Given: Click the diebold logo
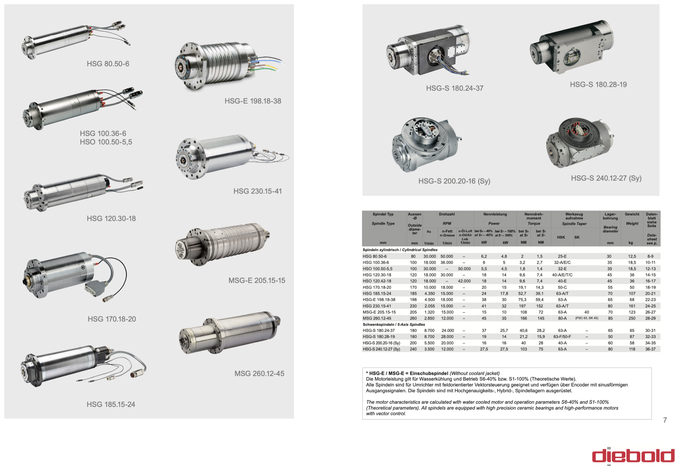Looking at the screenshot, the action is [633, 456].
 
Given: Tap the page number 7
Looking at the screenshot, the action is [665, 420].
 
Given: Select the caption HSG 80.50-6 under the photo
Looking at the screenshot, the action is [108, 64].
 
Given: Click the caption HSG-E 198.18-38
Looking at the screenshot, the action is [253, 101].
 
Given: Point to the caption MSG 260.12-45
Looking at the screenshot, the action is [259, 373].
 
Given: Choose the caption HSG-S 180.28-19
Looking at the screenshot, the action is [598, 85].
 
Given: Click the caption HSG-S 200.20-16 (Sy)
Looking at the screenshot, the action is [454, 181].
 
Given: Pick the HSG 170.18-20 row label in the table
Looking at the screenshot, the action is [377, 287].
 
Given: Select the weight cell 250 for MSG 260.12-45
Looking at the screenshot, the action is [632, 318].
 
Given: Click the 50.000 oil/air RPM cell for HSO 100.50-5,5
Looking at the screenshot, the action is [464, 269].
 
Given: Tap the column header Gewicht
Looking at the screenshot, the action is [632, 214].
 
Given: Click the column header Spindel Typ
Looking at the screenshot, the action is [383, 214].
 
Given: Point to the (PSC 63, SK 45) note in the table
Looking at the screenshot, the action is [587, 318].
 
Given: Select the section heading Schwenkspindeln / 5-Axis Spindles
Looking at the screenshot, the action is [394, 324].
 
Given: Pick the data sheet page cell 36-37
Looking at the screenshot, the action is [650, 349].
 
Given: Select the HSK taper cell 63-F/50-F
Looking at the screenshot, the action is [562, 337].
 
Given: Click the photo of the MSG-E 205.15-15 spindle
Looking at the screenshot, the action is [222, 244].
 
